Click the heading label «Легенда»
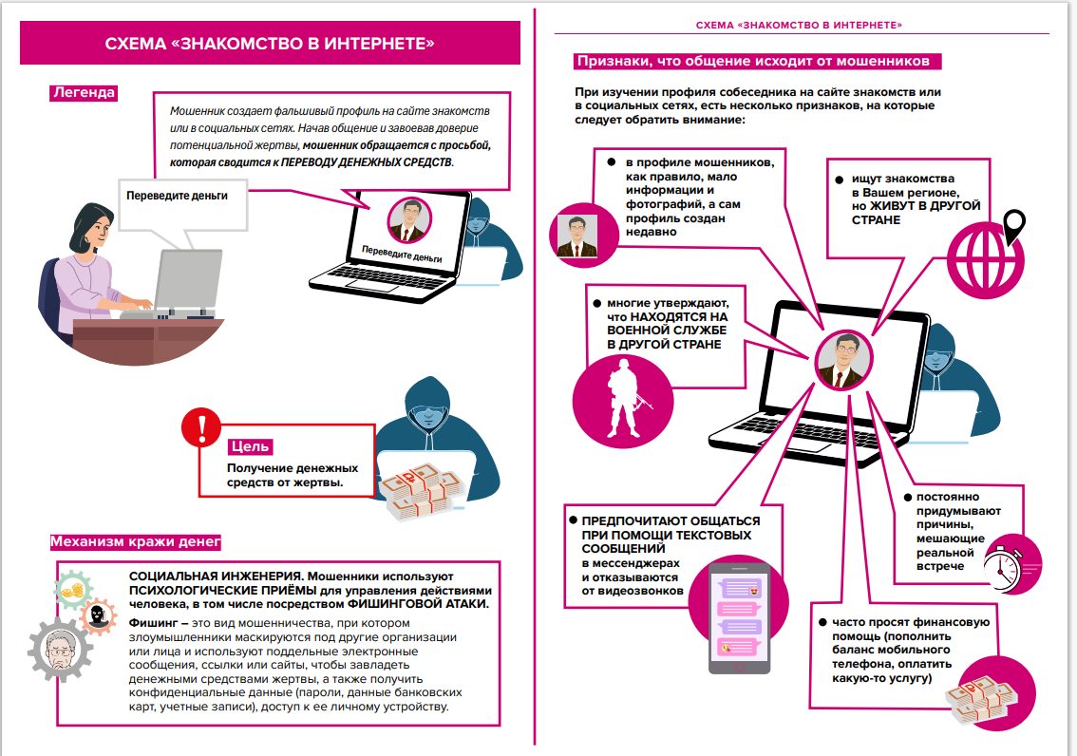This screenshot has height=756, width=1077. [x=84, y=93]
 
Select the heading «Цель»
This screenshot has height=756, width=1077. [x=251, y=445]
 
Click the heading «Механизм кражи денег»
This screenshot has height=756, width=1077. [x=135, y=542]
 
